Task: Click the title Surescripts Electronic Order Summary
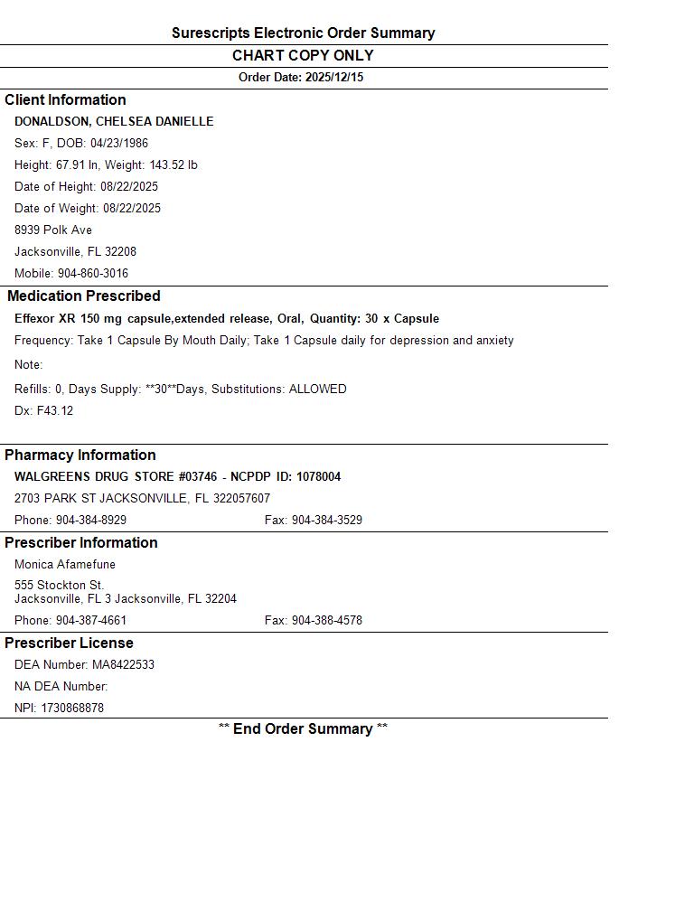click(303, 33)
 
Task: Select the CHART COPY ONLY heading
click(303, 55)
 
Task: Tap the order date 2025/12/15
click(333, 78)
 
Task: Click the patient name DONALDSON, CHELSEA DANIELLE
click(114, 122)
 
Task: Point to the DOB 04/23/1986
click(119, 144)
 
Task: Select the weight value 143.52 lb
click(173, 165)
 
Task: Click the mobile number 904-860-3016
click(93, 274)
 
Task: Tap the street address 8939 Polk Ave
click(53, 230)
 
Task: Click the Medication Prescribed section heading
click(84, 296)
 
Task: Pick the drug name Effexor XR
click(45, 319)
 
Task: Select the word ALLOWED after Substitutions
click(317, 390)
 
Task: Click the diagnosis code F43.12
click(55, 411)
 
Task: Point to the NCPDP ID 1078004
click(318, 477)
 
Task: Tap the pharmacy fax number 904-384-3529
click(326, 521)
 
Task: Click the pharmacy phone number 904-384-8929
click(91, 521)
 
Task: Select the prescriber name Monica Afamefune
click(65, 565)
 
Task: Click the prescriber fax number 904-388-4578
click(326, 621)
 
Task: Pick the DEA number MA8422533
click(123, 665)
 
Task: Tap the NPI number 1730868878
click(72, 709)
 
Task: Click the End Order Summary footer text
click(303, 729)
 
